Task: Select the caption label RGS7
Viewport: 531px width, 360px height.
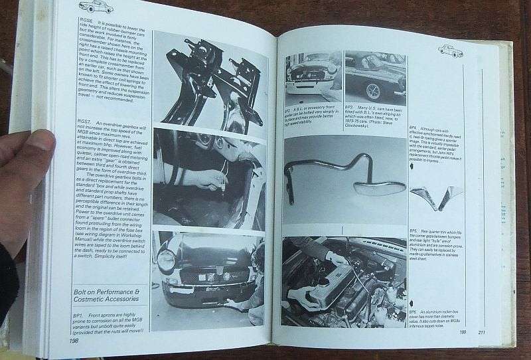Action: coord(84,123)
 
